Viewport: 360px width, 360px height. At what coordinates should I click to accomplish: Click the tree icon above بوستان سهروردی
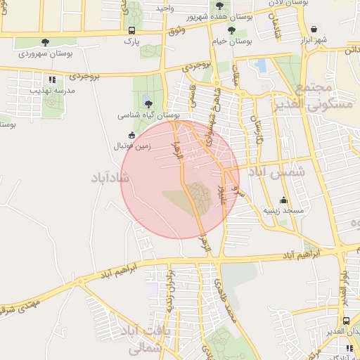pos(46,42)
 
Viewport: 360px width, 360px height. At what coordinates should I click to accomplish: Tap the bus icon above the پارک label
pos(132,31)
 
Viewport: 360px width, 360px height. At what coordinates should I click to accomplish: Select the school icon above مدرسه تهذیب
pos(51,79)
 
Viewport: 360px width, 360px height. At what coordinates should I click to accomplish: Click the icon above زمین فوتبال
pos(131,135)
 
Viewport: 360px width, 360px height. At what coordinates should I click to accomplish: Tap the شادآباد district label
pos(111,176)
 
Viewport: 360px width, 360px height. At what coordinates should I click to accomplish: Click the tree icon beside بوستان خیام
pos(231,30)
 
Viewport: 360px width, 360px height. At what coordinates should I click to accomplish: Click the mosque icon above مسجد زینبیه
pos(283,200)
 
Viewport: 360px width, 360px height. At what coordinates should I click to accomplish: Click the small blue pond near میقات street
pos(261,67)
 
